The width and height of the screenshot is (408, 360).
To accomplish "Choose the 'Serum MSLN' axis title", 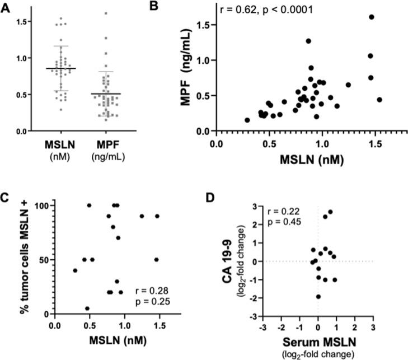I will (317, 343).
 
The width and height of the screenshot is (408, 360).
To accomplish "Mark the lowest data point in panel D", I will (318, 297).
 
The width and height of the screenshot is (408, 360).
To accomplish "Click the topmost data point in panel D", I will (330, 212).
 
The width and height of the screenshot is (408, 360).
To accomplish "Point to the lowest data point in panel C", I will (87, 308).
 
